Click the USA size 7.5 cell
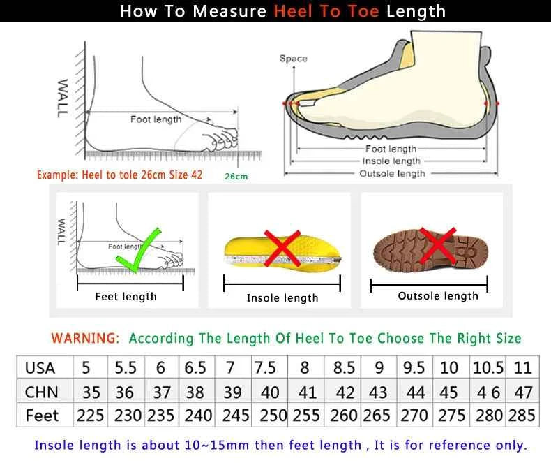click(265, 367)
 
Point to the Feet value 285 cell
click(522, 416)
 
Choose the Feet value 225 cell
click(91, 416)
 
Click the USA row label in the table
click(40, 367)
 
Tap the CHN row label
click(41, 392)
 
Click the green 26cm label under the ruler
click(236, 176)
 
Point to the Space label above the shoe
click(293, 59)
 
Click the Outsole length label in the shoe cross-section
click(392, 173)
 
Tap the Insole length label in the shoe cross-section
click(391, 161)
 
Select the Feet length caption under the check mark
click(126, 297)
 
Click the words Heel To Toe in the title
click(326, 11)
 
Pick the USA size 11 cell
click(522, 367)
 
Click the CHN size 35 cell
click(91, 392)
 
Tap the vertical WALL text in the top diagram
click(63, 98)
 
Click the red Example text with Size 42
click(119, 175)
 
